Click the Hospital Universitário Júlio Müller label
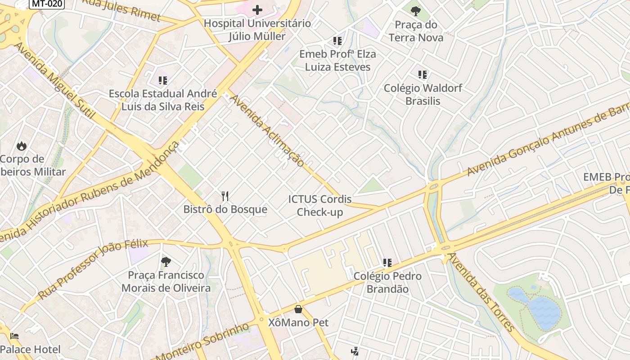click(x=257, y=30)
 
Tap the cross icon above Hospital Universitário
click(x=257, y=9)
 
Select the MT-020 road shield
click(x=47, y=4)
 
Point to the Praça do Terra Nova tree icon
click(x=416, y=10)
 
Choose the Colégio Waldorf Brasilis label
click(x=423, y=94)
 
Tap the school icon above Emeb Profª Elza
click(x=337, y=41)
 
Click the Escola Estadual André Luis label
click(x=163, y=100)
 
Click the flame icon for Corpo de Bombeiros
click(x=21, y=146)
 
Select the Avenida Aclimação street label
click(x=267, y=130)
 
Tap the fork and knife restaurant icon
click(x=225, y=196)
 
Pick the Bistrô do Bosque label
click(x=225, y=209)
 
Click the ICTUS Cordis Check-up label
click(x=320, y=205)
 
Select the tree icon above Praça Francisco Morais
click(x=166, y=261)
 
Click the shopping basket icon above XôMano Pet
click(x=298, y=309)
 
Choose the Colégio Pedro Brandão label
click(x=387, y=282)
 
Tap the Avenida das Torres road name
click(x=481, y=292)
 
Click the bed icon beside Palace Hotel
click(x=14, y=336)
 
